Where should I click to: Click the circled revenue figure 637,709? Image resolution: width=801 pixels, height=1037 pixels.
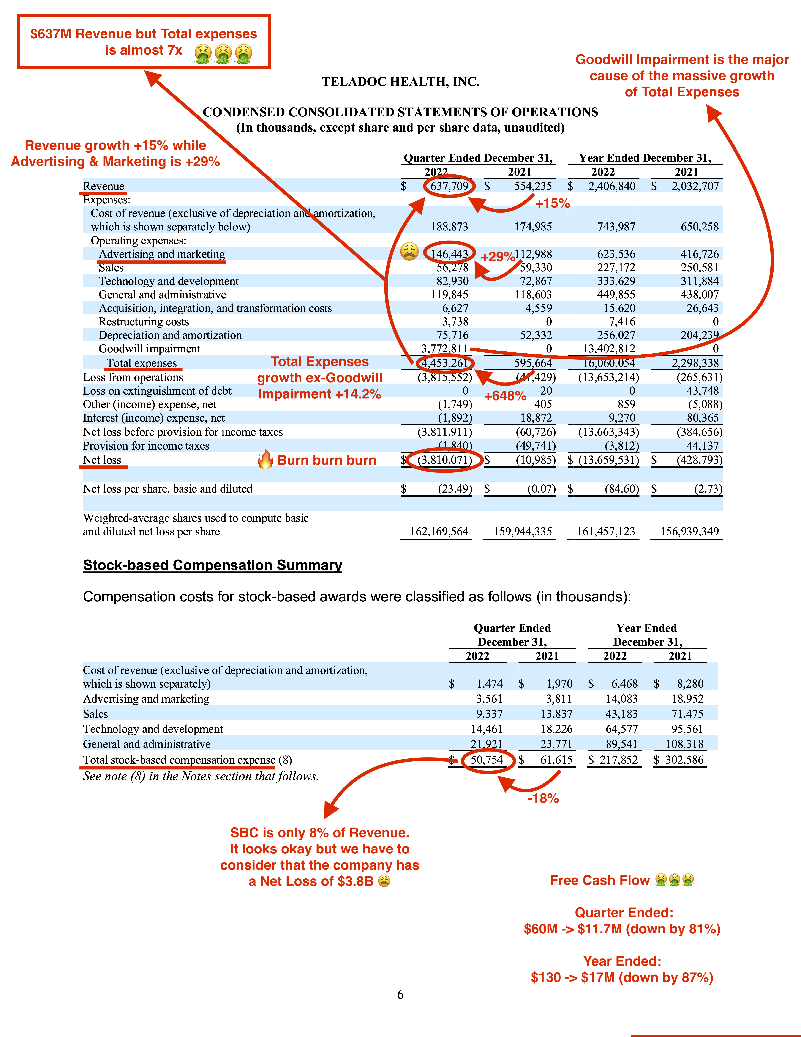tap(449, 186)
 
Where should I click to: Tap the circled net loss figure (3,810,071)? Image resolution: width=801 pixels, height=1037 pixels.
tap(445, 460)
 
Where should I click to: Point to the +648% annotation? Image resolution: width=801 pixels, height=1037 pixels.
tap(505, 396)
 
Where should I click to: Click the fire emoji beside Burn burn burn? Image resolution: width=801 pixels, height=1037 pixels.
tap(265, 460)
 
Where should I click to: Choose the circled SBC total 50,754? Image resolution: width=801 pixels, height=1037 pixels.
tap(486, 760)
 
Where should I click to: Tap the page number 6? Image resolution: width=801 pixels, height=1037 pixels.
tap(400, 994)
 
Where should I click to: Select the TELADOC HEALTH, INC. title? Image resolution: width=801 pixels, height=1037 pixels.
tap(401, 82)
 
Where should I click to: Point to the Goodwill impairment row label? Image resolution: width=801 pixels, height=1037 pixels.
tap(150, 349)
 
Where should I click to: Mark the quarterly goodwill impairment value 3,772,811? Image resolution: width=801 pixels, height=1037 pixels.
tap(445, 349)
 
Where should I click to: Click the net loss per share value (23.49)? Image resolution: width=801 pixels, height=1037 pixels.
tap(455, 489)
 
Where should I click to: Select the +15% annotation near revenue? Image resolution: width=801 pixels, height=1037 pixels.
tap(552, 204)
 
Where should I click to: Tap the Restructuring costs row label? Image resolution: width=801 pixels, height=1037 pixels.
tap(144, 322)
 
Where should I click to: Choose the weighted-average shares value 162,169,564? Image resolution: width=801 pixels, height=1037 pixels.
tap(439, 532)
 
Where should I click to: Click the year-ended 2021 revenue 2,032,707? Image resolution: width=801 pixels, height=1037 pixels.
tap(695, 186)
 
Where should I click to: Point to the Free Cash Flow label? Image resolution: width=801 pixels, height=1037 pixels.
tap(599, 880)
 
